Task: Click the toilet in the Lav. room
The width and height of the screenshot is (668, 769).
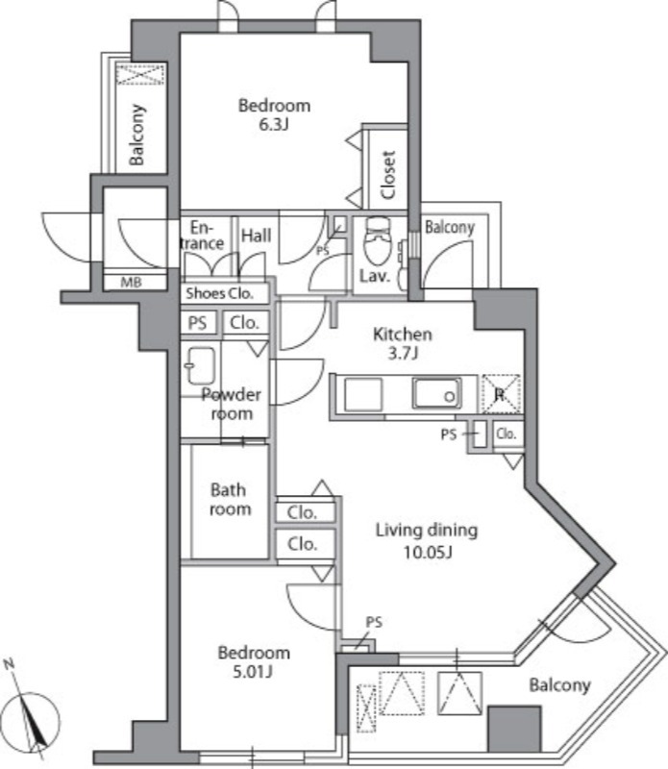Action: (377, 241)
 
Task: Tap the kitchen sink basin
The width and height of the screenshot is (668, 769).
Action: (436, 393)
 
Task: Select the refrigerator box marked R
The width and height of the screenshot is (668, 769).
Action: (500, 394)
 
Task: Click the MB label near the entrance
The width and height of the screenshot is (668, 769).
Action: (132, 283)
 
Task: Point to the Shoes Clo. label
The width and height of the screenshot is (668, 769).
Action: (219, 293)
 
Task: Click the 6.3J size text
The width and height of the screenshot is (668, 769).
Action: (274, 125)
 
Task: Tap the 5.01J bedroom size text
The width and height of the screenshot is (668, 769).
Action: (253, 671)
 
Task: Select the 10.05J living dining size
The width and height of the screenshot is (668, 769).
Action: (428, 552)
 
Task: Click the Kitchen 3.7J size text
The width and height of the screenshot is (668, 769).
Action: (403, 353)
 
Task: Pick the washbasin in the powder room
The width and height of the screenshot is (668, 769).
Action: (201, 366)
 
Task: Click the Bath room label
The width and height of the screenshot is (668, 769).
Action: (230, 499)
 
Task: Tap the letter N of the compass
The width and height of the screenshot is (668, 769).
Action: (9, 664)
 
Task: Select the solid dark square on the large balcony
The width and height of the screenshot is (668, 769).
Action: (514, 729)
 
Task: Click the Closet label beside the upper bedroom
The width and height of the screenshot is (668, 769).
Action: (387, 175)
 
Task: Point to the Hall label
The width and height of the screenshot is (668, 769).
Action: (256, 236)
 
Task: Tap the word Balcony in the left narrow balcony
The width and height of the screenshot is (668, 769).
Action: (137, 135)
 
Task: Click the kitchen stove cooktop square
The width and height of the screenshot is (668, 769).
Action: (363, 395)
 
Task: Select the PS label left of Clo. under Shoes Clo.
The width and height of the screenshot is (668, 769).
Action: (198, 323)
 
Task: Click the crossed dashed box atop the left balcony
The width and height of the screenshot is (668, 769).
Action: (140, 74)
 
